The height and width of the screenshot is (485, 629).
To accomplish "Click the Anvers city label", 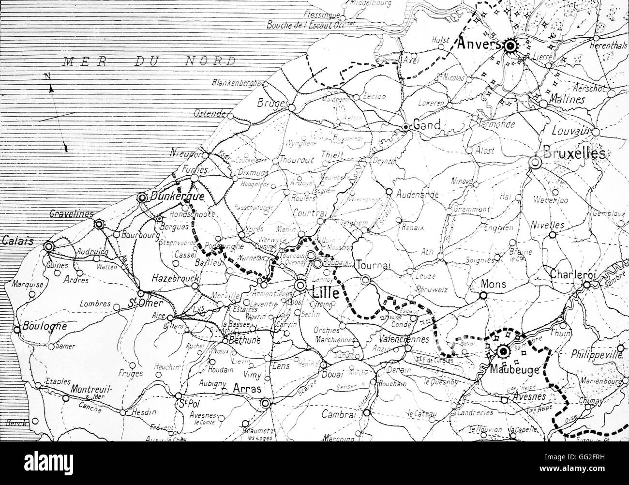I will click(x=479, y=44).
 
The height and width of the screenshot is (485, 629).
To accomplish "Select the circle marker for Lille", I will click(x=301, y=285).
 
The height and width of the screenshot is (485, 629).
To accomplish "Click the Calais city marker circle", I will click(x=48, y=247).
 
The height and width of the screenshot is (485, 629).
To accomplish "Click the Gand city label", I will click(x=426, y=125).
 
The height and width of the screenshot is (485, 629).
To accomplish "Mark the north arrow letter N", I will click(x=47, y=76).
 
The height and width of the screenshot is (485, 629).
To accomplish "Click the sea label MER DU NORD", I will click(x=150, y=61).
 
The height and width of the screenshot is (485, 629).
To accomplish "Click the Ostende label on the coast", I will click(x=210, y=114).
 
